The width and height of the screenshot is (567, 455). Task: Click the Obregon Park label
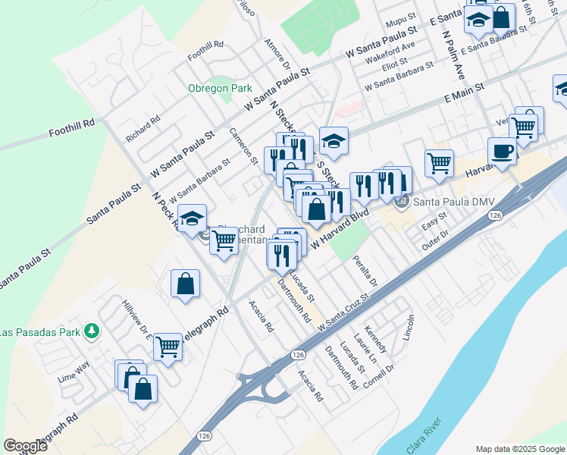(x=220, y=88)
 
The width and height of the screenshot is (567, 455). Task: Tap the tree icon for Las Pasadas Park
(x=92, y=331)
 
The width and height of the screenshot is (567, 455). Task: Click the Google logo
(x=25, y=446)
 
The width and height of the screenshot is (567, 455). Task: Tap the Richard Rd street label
(x=143, y=128)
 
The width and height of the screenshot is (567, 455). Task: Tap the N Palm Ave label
(x=457, y=56)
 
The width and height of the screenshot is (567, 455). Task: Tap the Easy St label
(x=434, y=225)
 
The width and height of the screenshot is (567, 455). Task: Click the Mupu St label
(x=401, y=16)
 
